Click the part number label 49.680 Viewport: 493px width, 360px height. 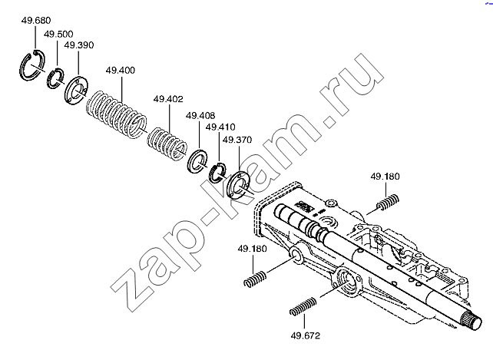(x=36, y=21)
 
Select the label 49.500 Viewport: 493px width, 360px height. (x=58, y=34)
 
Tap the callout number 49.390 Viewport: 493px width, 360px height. (x=79, y=45)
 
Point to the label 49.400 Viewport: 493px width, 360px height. (x=121, y=70)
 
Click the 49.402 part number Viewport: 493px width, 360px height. (x=168, y=99)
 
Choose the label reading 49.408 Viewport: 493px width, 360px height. (x=200, y=116)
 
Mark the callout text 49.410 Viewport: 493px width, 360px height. (x=220, y=127)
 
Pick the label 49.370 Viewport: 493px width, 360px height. (x=237, y=140)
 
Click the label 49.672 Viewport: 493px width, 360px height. (x=306, y=335)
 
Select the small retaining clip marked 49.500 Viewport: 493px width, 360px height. (x=50, y=82)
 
